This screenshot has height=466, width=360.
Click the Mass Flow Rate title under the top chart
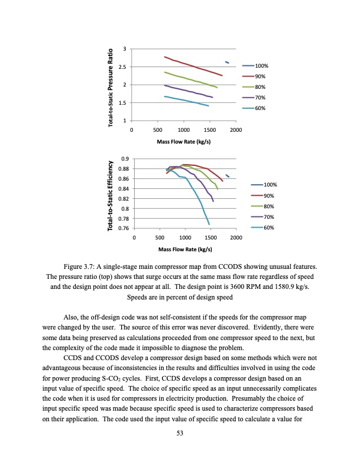click(x=184, y=142)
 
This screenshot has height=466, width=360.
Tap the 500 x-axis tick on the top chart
click(x=157, y=129)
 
